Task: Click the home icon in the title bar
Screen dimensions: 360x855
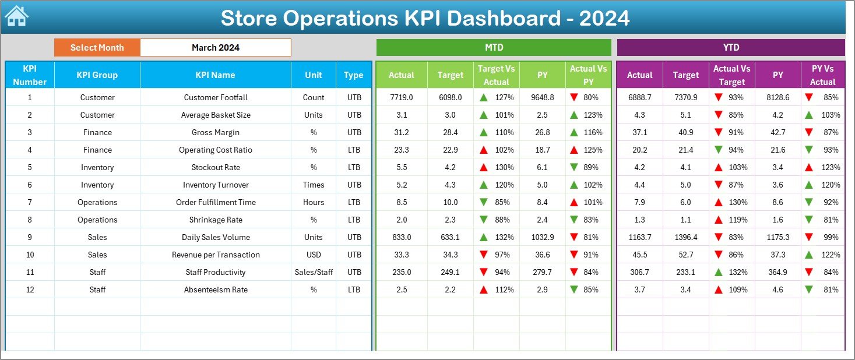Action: [16, 17]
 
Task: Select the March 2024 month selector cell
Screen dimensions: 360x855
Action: [215, 48]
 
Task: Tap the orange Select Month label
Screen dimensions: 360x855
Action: [97, 48]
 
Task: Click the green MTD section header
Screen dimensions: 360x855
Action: [494, 48]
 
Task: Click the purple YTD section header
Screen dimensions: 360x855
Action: [730, 48]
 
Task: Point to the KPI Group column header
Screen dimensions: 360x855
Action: [97, 75]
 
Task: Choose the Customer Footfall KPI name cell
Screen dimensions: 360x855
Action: [215, 97]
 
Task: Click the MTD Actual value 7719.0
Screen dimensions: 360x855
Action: [401, 97]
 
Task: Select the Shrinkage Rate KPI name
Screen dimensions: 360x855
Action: [215, 220]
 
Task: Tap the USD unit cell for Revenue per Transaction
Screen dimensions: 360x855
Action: [314, 255]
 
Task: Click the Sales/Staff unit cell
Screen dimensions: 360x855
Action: [314, 272]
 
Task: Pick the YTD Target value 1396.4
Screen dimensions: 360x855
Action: [685, 237]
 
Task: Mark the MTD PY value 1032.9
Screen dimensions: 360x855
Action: [543, 237]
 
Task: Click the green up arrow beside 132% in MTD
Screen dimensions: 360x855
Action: [483, 237]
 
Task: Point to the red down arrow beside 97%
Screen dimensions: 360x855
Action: [483, 255]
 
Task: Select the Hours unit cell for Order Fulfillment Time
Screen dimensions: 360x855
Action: [314, 202]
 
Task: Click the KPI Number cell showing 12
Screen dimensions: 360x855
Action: [30, 290]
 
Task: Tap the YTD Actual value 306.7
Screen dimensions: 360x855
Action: [639, 272]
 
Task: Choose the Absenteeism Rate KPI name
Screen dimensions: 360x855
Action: [215, 290]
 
